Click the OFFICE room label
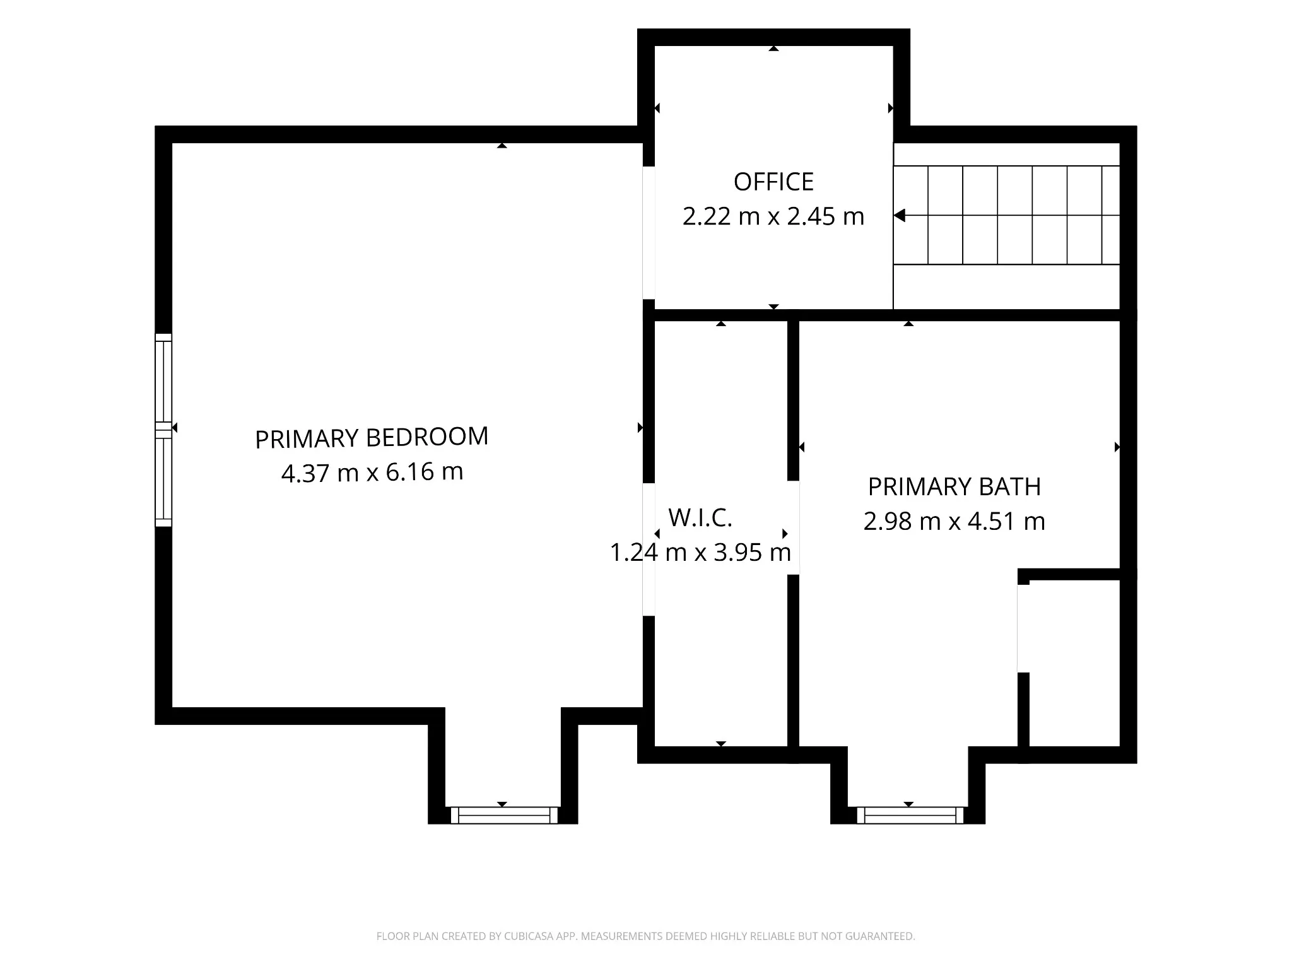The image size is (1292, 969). coord(773,182)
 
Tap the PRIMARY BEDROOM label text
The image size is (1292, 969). coord(372,438)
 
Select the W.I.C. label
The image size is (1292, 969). coord(700,518)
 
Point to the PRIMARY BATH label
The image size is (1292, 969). coord(954,487)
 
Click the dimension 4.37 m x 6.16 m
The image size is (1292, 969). coord(372,472)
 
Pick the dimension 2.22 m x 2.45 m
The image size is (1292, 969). coord(773,216)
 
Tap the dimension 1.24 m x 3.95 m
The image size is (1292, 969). coord(700,553)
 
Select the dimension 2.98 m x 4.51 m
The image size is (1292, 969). coord(954,522)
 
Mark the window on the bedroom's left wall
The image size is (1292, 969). coord(163,430)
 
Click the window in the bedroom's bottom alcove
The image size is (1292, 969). coord(504,815)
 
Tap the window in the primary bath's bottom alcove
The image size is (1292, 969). coord(910,815)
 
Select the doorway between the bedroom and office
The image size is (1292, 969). coord(649,233)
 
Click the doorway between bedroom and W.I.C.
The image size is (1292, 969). coord(649,549)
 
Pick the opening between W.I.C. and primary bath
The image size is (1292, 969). coord(794,528)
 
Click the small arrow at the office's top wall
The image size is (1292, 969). coord(773,49)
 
